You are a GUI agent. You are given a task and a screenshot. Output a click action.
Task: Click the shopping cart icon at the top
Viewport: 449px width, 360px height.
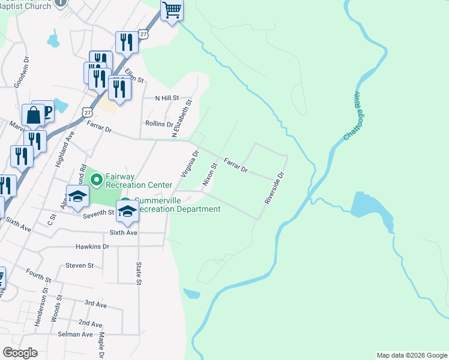coord(172,10)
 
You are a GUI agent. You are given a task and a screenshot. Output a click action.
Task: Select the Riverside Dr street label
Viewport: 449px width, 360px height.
coord(273,188)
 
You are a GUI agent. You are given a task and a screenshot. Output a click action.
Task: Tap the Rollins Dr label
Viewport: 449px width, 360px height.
coord(159,124)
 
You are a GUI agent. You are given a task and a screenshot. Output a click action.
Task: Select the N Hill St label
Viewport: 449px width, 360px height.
coord(167,98)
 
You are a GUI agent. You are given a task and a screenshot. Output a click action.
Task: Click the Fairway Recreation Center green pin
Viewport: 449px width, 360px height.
coord(95,178)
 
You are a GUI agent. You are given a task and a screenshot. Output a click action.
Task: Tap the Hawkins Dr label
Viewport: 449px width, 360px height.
coord(92,247)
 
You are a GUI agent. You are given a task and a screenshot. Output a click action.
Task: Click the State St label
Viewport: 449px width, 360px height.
coord(139,272)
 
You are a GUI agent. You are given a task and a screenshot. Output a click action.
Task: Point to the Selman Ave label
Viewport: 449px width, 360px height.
coord(79,334)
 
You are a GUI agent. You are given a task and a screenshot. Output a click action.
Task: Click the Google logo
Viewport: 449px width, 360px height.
coord(20,353)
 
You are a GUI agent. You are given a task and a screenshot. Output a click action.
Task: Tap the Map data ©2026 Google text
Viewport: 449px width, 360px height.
coord(412,355)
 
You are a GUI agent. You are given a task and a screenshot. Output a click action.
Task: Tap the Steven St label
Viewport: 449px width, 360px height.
coord(80,265)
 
